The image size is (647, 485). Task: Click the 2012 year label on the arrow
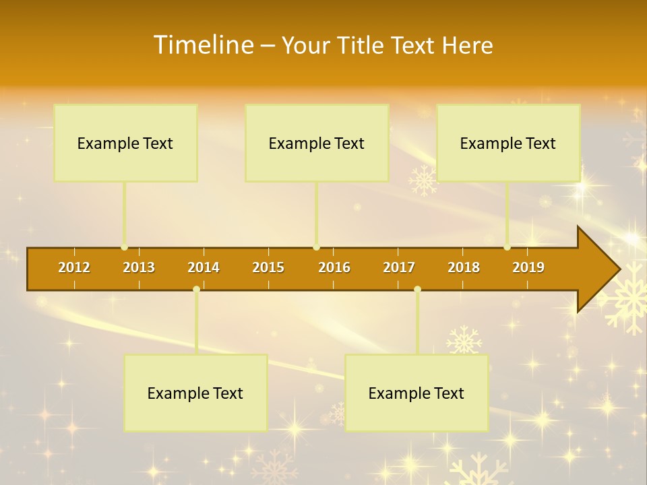pyautogui.click(x=74, y=267)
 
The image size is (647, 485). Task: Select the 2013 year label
pyautogui.click(x=139, y=267)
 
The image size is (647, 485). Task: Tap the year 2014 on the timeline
pyautogui.click(x=204, y=267)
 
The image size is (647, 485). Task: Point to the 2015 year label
pyautogui.click(x=268, y=267)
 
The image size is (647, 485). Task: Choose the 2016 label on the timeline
pyautogui.click(x=334, y=267)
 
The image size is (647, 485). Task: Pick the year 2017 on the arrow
pyautogui.click(x=399, y=267)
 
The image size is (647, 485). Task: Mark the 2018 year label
pyautogui.click(x=464, y=267)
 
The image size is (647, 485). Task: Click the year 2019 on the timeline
pyautogui.click(x=528, y=267)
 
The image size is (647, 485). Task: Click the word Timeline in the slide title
pyautogui.click(x=203, y=45)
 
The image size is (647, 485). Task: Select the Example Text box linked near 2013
pyautogui.click(x=125, y=143)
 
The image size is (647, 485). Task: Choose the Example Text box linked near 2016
pyautogui.click(x=317, y=143)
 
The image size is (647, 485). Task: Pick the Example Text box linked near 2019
pyautogui.click(x=508, y=143)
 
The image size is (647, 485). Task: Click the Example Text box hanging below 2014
pyautogui.click(x=195, y=393)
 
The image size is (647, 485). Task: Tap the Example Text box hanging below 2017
pyautogui.click(x=417, y=393)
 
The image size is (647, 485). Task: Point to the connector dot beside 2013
pyautogui.click(x=125, y=247)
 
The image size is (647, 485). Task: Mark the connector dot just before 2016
pyautogui.click(x=317, y=247)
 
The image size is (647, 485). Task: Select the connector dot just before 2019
pyautogui.click(x=507, y=247)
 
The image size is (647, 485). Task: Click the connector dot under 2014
pyautogui.click(x=196, y=290)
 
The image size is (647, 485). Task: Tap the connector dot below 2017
pyautogui.click(x=417, y=290)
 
